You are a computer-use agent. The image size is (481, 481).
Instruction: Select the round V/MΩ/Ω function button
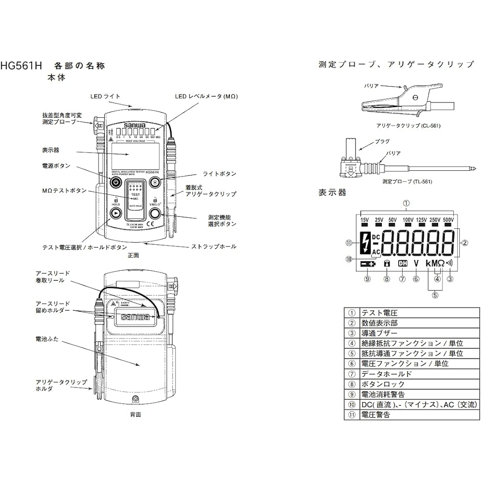155,213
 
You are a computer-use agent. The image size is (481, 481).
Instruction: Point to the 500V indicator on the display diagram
448,220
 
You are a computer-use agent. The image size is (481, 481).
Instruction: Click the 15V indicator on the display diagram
364,220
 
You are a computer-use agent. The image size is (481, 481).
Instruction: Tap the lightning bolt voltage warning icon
365,244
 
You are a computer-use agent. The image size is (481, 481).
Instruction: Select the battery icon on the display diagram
367,264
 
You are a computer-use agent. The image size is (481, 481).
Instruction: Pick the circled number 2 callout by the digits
465,243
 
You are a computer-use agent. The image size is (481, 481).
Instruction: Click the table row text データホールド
380,374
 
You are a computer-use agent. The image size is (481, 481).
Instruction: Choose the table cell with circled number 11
352,414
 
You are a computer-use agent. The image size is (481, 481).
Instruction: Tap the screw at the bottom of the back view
136,399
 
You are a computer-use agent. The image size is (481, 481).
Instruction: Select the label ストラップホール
214,246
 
